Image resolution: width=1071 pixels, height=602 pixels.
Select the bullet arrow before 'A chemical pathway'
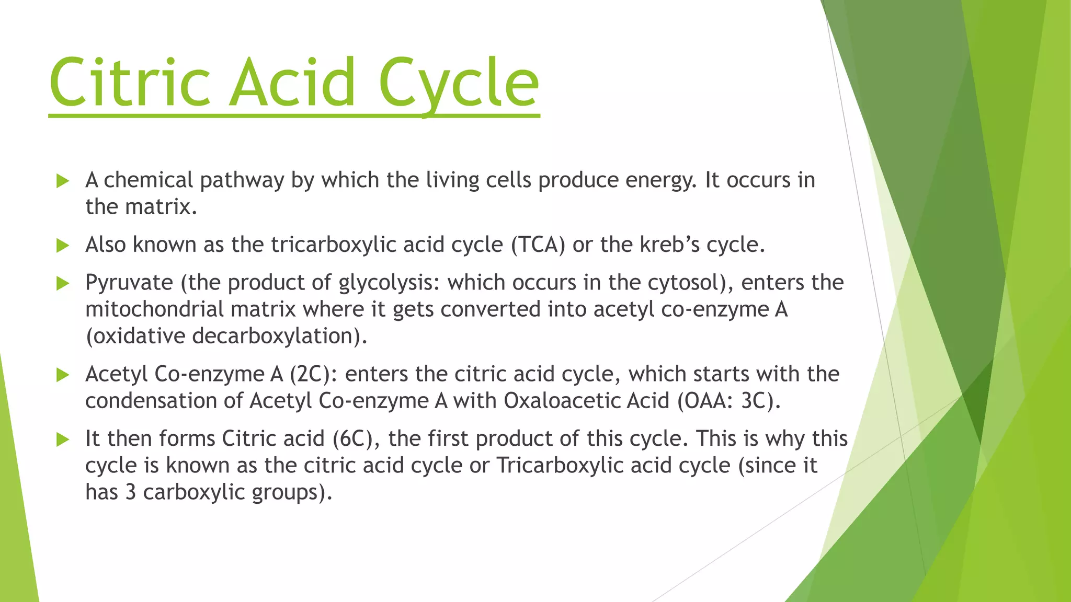coord(63,181)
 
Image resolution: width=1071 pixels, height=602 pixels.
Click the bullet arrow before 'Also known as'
coord(63,246)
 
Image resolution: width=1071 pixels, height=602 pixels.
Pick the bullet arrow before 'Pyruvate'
coord(63,284)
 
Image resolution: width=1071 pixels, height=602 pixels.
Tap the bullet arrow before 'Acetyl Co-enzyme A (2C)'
coord(63,375)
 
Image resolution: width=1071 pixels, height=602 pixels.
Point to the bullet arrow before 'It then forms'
coord(63,439)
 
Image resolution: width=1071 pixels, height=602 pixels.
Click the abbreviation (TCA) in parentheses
coord(538,245)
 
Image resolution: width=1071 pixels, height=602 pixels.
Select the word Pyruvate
coord(129,283)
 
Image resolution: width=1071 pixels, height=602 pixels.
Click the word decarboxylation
coord(278,336)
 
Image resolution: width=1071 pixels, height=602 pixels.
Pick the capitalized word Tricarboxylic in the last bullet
coord(560,465)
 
